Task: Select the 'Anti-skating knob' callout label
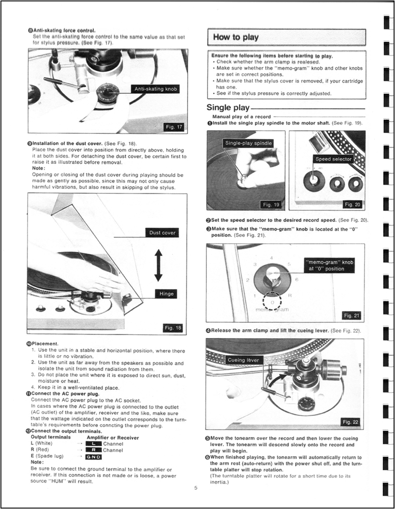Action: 155,89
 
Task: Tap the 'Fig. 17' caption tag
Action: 171,127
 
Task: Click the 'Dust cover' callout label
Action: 162,233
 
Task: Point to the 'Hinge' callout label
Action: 167,294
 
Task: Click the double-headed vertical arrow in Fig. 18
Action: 159,265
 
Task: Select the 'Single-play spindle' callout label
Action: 248,144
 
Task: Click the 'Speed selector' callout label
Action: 333,159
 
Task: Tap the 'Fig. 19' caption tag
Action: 270,204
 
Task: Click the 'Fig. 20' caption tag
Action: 352,204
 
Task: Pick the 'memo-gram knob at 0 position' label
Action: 328,265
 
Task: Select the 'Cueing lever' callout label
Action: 244,360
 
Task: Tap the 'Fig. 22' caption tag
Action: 351,421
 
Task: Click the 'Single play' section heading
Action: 228,107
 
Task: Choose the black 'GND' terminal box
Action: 94,457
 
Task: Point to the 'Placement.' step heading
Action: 46,344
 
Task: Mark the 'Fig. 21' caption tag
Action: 351,316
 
